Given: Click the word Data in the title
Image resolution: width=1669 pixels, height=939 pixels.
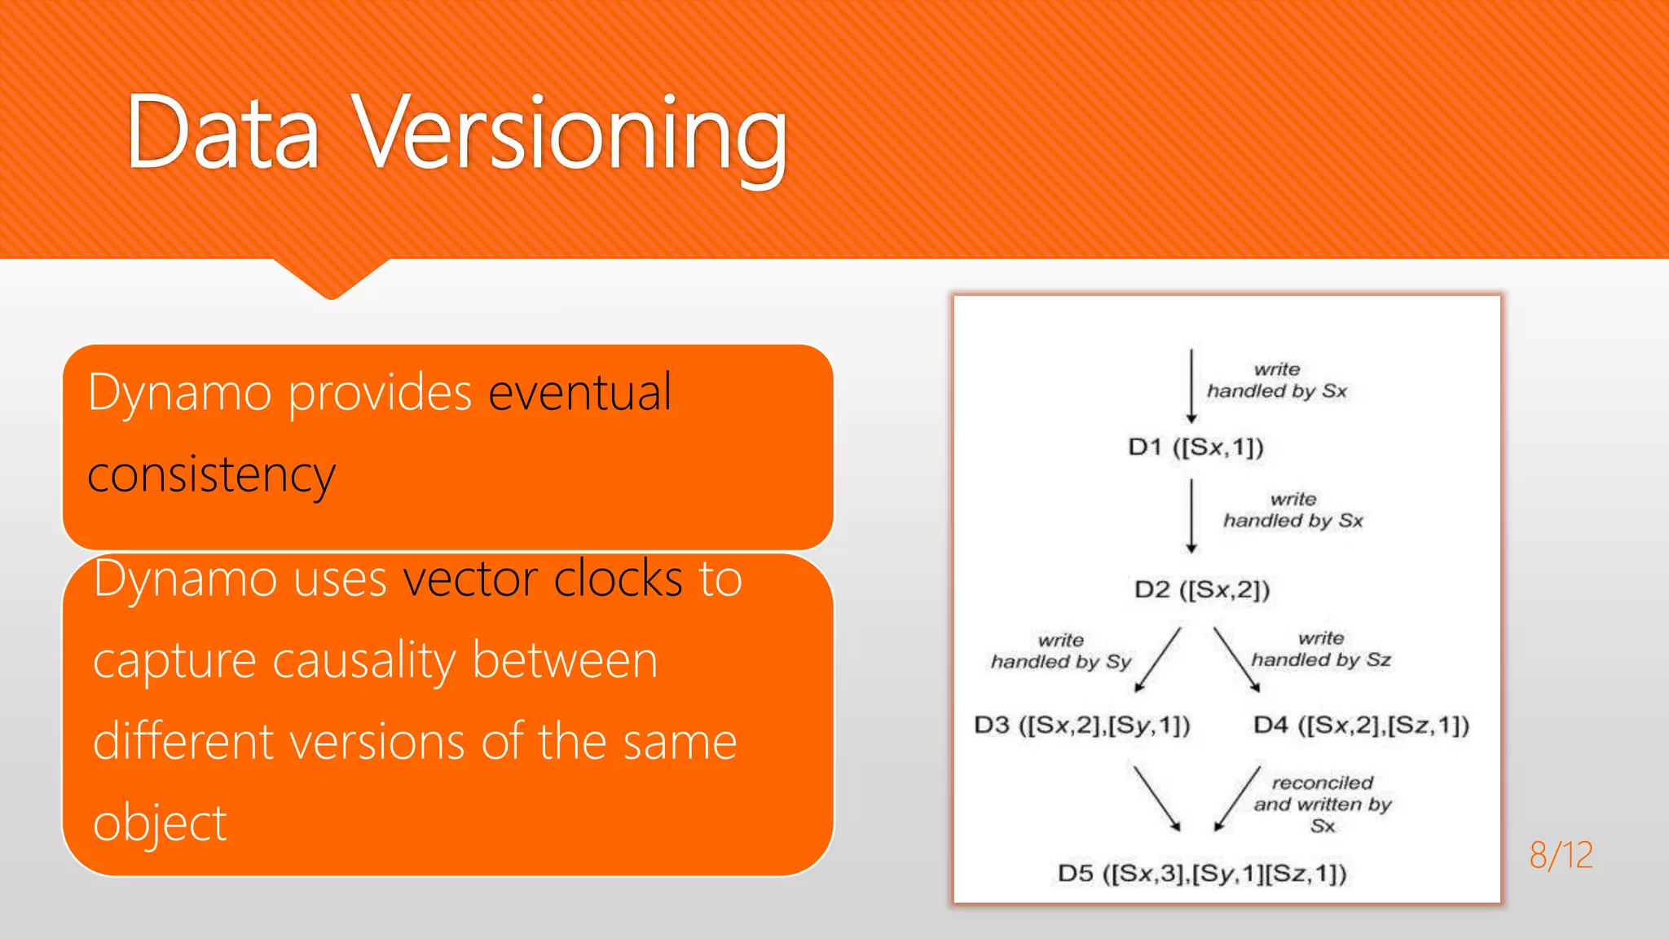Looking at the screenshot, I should coord(222,134).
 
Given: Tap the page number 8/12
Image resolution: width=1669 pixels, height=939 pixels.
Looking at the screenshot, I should coord(1561,855).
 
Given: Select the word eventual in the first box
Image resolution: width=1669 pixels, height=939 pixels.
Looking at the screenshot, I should coord(580,393).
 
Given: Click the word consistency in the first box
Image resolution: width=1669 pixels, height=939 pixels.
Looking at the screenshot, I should coord(211,475).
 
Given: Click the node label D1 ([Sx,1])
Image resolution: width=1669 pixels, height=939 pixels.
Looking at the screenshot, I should coord(1196,447).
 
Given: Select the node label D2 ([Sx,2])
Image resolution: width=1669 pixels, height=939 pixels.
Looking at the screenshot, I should coord(1202,589).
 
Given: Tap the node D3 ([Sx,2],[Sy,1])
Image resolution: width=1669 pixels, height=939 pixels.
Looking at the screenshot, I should coord(1082,725).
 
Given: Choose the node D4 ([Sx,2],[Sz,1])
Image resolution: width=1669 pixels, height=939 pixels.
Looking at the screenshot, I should coord(1361,725).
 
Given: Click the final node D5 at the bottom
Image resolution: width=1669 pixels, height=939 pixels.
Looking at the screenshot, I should coord(1202,874).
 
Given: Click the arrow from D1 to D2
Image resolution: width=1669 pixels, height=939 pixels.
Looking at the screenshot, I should coord(1191,515).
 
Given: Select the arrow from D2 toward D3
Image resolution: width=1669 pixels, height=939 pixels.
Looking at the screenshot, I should coord(1158,659).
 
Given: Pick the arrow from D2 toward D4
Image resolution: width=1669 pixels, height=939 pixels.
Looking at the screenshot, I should coord(1236,659).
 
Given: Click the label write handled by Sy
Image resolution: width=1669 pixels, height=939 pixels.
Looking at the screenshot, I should coord(1061,651).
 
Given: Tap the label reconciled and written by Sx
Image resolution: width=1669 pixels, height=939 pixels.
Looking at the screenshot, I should coord(1323,804).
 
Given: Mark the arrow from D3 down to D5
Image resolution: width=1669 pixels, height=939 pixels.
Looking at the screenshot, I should coord(1156,797).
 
